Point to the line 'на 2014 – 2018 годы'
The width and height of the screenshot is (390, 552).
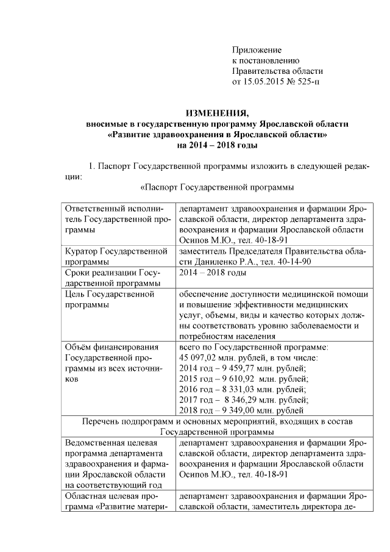pos(217,145)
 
